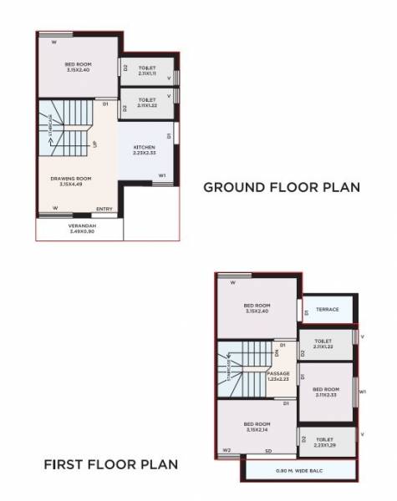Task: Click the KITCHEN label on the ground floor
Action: coord(145,148)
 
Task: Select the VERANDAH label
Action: coord(82,225)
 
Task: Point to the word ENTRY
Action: coord(104,208)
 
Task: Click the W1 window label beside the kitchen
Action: coord(162,175)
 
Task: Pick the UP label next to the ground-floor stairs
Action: coord(95,144)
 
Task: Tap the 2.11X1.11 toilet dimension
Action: coord(148,74)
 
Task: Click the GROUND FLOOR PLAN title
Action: coord(282,188)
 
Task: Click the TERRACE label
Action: coord(328,310)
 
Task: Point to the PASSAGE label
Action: coord(278,373)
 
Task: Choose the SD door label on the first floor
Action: coord(268,451)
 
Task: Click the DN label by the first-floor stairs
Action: coord(277,352)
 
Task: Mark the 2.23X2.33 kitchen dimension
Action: coord(145,154)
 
